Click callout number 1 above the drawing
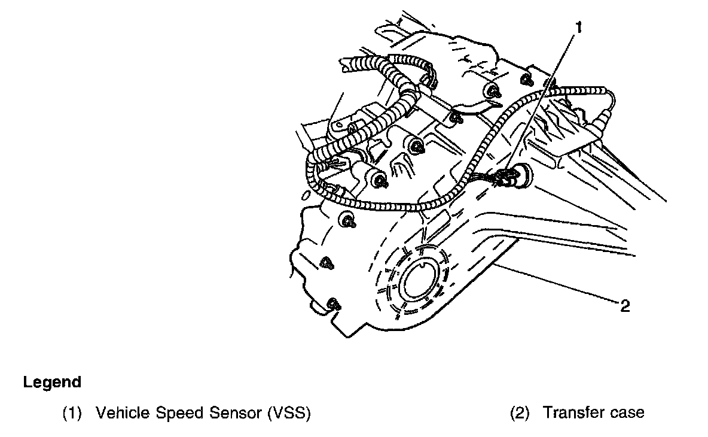pos(578,27)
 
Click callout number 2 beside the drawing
pos(625,306)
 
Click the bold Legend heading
pos(52,382)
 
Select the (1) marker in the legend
pos(72,413)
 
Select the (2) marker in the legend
pos(520,413)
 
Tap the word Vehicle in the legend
pos(118,413)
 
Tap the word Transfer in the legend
pos(571,413)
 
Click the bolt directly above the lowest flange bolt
pos(326,262)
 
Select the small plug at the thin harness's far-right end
pos(599,126)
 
